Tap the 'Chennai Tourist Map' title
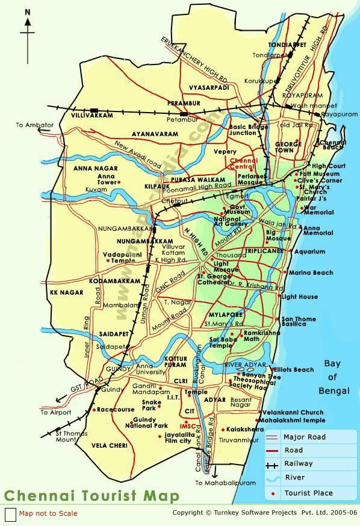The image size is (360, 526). [92, 496]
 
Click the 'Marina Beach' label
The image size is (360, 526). [311, 273]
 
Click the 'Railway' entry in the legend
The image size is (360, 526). [299, 464]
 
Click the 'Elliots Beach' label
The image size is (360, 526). [294, 370]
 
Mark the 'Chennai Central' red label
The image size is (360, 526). [240, 165]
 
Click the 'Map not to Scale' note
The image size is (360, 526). [48, 513]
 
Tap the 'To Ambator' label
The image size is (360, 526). [35, 125]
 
